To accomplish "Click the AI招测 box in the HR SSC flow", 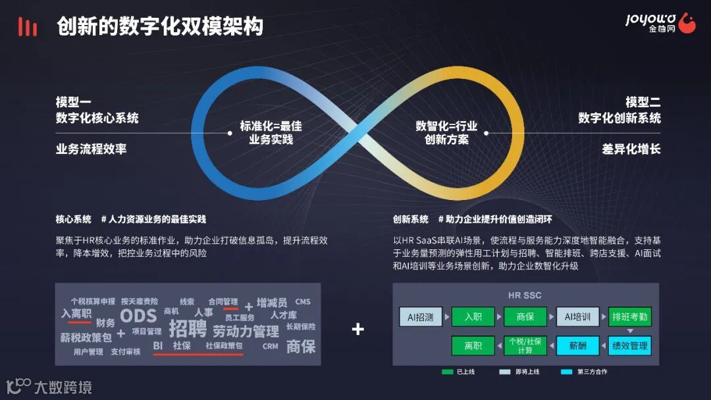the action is (x=421, y=316).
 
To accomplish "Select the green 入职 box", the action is (x=473, y=316).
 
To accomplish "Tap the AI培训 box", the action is (x=577, y=316).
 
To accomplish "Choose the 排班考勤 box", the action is (x=630, y=316).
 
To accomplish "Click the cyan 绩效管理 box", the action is (x=630, y=345).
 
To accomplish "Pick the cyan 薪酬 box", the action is (x=577, y=345).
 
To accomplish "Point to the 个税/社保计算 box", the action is (x=525, y=345).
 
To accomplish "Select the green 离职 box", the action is (x=473, y=345).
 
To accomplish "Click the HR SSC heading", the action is (x=525, y=295).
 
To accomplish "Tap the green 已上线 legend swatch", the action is (x=448, y=372).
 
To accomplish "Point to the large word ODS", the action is (x=138, y=316).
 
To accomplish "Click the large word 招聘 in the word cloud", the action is (x=188, y=328).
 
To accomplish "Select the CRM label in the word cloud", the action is (x=270, y=346).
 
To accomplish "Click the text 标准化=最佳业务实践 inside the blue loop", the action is (x=271, y=133).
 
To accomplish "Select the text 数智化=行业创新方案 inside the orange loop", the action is (x=446, y=133).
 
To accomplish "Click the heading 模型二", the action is (x=643, y=102).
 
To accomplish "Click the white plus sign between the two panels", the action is (x=357, y=329).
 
